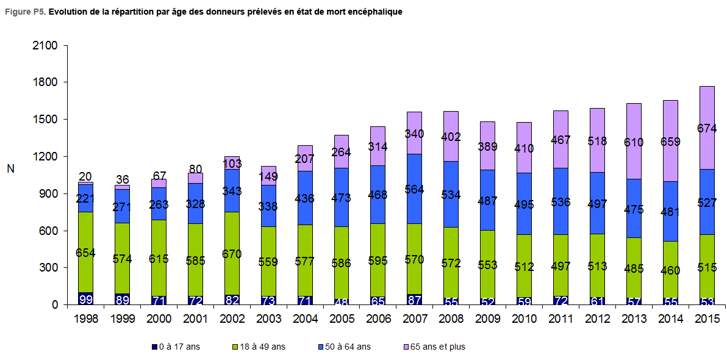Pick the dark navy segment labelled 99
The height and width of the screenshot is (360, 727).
click(86, 298)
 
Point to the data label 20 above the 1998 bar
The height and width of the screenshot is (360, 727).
click(86, 176)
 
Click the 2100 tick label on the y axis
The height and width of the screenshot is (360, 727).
click(45, 46)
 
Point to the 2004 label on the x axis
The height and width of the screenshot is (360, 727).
click(305, 319)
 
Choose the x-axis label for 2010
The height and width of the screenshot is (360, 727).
click(524, 319)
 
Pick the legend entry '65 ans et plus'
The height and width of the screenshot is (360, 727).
click(437, 347)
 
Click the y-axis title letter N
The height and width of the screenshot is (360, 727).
click(10, 169)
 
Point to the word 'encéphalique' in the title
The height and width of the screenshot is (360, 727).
click(376, 12)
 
